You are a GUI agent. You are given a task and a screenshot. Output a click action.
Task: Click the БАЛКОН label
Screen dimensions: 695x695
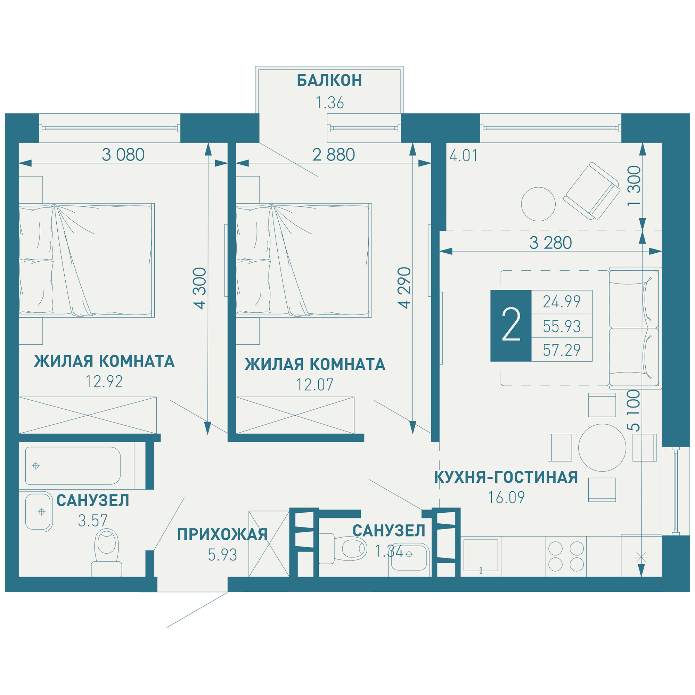click(x=329, y=80)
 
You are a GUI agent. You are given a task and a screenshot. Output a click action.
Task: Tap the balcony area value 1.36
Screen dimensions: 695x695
click(x=329, y=103)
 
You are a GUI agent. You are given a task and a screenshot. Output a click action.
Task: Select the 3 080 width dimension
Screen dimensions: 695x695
click(x=123, y=155)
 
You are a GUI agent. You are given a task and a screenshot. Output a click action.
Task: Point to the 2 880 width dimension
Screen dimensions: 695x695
click(x=334, y=155)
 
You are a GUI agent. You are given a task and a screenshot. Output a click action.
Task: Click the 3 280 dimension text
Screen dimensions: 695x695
click(x=550, y=243)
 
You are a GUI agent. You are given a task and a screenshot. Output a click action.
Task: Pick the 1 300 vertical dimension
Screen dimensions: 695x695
click(x=634, y=186)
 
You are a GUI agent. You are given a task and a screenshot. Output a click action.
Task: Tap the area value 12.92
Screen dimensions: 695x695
click(x=104, y=382)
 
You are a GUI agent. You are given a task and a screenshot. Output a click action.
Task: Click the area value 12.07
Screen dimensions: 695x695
click(x=315, y=385)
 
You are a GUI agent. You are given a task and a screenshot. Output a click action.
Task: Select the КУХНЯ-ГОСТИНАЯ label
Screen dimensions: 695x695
click(x=506, y=477)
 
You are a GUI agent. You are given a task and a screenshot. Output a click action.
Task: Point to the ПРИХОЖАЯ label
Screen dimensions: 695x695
click(x=222, y=534)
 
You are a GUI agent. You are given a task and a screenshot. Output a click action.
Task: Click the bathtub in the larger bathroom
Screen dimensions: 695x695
click(x=73, y=466)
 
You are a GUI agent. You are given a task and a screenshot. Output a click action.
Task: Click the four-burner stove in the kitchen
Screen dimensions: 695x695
click(x=566, y=556)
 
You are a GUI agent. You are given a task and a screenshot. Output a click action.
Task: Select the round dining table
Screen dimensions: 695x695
click(x=602, y=448)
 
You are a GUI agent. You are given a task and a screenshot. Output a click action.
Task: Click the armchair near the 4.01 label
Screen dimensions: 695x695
click(x=592, y=191)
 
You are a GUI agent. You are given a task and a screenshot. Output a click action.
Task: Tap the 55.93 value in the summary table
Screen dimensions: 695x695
click(x=562, y=326)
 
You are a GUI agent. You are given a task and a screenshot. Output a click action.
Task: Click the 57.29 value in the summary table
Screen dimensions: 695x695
click(x=562, y=350)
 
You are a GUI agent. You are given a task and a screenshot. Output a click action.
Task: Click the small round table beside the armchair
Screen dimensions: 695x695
click(x=539, y=204)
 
